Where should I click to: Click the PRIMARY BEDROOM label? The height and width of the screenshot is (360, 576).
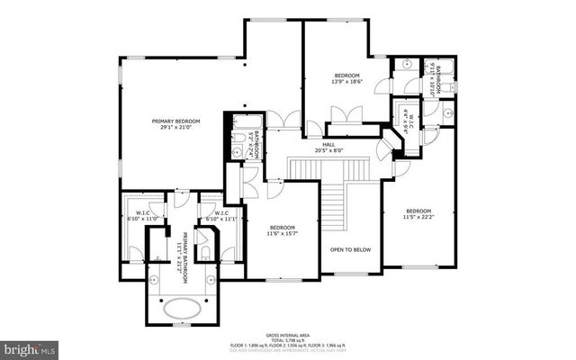(x=175, y=121)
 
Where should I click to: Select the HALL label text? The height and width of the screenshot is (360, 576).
(x=328, y=145)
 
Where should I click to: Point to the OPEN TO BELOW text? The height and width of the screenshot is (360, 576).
(x=350, y=249)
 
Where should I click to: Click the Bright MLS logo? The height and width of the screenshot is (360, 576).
(x=30, y=346)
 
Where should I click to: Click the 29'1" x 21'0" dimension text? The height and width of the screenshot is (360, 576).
(x=175, y=130)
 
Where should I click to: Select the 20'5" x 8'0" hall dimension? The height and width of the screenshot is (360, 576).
(x=328, y=152)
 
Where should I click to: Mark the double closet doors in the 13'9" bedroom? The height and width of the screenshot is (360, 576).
(x=346, y=116)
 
